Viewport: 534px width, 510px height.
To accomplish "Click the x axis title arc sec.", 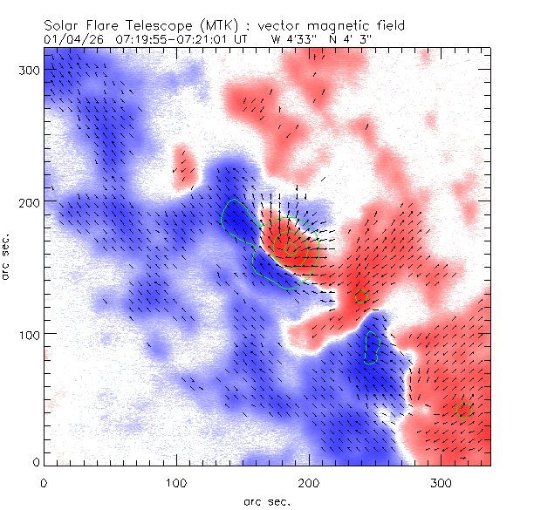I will point(265,500).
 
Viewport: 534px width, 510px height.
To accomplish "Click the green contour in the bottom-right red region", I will point(465,410).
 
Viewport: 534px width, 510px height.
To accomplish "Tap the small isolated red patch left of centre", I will point(183,166).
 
